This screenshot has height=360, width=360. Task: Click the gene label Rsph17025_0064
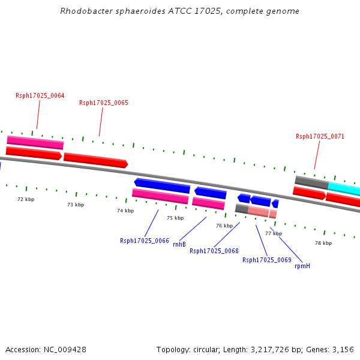40,95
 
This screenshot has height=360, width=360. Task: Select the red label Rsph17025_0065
104,103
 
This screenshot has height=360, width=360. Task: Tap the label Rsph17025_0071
320,136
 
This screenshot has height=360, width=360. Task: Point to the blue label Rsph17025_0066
145,241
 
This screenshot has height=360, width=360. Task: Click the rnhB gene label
179,244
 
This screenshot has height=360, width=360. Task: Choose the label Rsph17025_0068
214,251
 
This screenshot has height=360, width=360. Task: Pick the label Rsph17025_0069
267,260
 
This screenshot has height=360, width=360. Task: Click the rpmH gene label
302,266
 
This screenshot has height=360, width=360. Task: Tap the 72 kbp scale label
26,199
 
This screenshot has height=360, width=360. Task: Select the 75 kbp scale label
175,218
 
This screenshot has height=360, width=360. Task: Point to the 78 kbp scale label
323,243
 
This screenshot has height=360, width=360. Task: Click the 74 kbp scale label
125,211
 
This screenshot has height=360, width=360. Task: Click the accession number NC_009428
65,350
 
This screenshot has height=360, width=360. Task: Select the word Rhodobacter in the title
86,11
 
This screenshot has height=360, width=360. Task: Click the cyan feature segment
344,188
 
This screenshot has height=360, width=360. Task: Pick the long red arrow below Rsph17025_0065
96,160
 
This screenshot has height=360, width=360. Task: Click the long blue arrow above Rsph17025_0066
162,185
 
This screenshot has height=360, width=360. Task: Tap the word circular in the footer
206,350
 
